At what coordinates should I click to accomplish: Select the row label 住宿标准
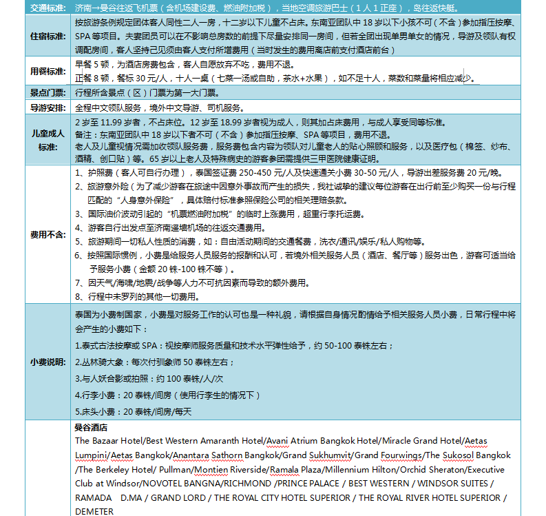click(x=48, y=37)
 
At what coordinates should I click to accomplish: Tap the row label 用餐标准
click(x=48, y=71)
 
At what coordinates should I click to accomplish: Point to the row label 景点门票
click(x=48, y=92)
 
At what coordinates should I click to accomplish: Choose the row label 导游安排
click(x=48, y=108)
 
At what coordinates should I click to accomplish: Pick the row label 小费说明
click(x=48, y=362)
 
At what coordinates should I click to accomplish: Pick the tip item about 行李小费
click(x=165, y=395)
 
